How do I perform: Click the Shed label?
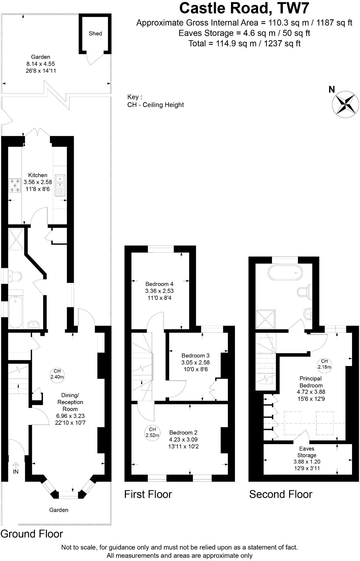coord(95,33)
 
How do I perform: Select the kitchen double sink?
coord(60,185)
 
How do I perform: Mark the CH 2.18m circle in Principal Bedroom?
coord(324,364)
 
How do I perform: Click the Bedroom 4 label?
coord(159,284)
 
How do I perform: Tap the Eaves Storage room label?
coord(307,452)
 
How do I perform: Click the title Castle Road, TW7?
coord(244,8)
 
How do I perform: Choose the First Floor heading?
coord(148,494)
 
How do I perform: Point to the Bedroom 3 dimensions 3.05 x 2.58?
coord(195,363)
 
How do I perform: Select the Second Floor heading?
coord(281,494)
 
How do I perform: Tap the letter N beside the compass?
coord(332,90)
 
